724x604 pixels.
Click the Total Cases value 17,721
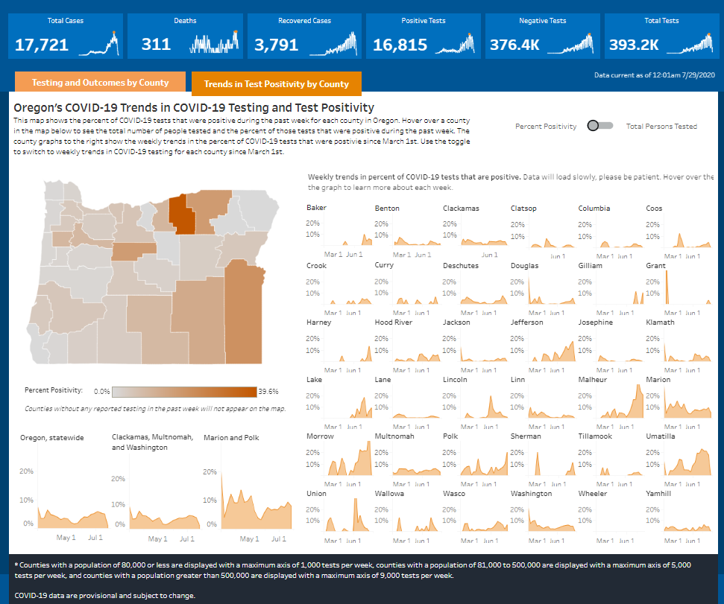click(x=42, y=45)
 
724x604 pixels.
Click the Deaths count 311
click(x=156, y=45)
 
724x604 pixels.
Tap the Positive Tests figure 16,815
click(x=400, y=45)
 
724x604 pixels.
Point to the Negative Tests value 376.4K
click(x=514, y=45)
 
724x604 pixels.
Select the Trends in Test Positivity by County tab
click(x=276, y=84)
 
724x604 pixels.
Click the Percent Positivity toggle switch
click(x=599, y=126)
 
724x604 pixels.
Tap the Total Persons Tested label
click(x=661, y=127)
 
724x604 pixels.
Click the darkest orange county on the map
click(x=179, y=214)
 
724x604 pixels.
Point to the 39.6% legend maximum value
click(x=268, y=391)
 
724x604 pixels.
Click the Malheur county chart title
click(x=594, y=380)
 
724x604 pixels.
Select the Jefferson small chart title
click(x=527, y=322)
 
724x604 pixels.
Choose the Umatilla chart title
click(x=661, y=436)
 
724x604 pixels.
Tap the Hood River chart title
click(x=394, y=322)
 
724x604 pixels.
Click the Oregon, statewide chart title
click(x=52, y=438)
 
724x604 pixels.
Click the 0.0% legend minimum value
click(x=102, y=391)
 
